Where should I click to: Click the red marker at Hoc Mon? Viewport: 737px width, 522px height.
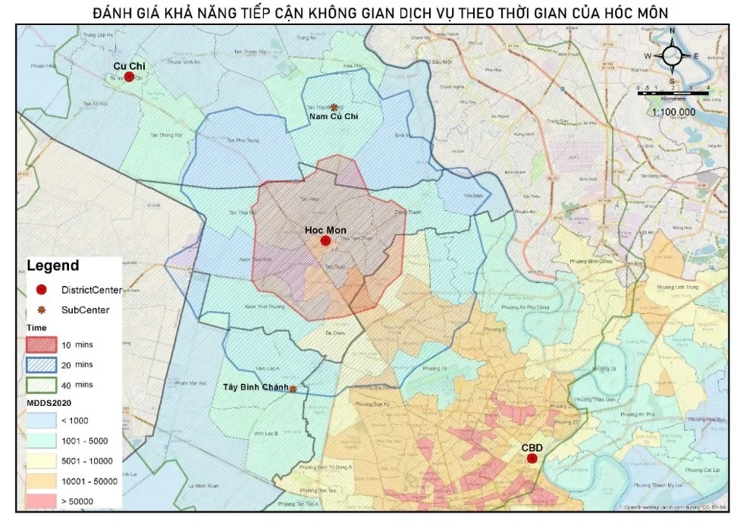[325, 241]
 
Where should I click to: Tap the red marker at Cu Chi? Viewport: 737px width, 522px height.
[130, 77]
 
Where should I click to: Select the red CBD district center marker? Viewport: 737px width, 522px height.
[532, 458]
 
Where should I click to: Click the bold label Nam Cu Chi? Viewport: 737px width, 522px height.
[333, 117]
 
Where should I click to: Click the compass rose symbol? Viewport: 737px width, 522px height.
[672, 56]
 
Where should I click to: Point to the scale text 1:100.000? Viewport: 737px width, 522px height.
[673, 112]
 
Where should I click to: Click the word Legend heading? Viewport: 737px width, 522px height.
[52, 266]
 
